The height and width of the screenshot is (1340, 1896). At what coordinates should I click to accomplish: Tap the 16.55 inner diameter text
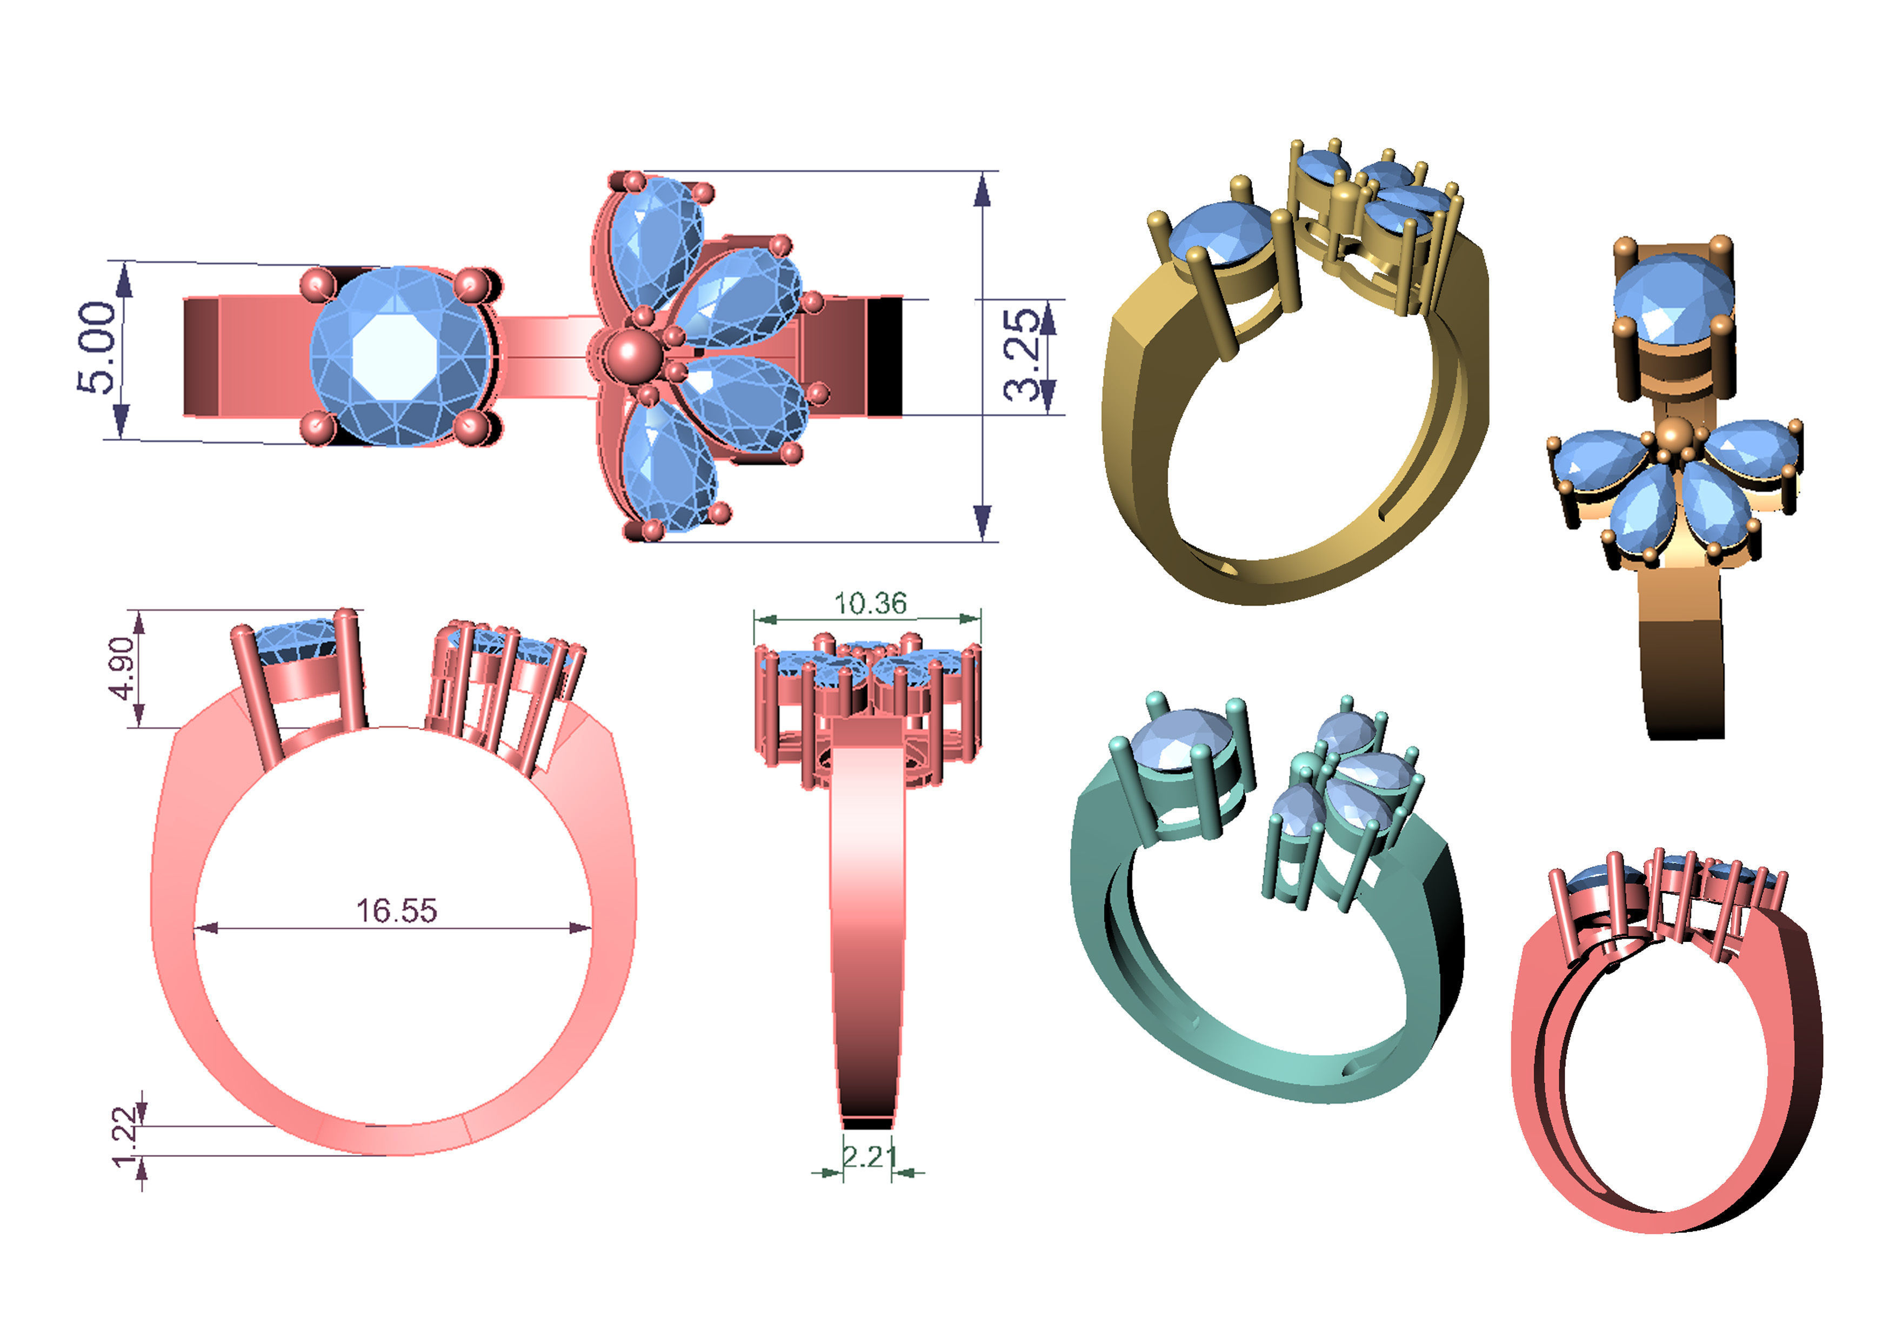(x=396, y=910)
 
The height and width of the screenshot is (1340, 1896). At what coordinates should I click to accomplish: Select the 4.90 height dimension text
(x=122, y=667)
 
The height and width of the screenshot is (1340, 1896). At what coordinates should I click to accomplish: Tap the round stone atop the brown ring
(x=1673, y=297)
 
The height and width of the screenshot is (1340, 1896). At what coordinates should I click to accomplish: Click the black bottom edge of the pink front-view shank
(x=867, y=1124)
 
